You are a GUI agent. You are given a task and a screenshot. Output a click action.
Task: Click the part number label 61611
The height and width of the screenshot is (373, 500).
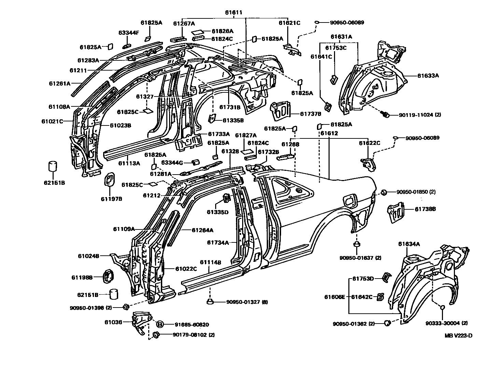point(234,13)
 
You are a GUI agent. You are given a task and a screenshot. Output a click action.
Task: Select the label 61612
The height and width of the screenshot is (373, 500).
point(329,133)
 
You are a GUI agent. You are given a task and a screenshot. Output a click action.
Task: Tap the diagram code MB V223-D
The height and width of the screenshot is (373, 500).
point(458,335)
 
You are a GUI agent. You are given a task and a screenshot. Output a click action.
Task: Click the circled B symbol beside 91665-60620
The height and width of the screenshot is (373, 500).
point(160,324)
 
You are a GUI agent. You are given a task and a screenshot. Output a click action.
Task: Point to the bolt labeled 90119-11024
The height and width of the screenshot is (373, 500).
point(387,115)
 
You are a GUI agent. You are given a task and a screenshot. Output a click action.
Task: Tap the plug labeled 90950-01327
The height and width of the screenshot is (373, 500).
point(210,301)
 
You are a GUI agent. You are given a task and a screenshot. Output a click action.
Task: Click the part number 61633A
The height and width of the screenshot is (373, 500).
point(428,76)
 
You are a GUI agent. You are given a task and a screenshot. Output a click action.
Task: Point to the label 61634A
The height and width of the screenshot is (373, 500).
point(409,244)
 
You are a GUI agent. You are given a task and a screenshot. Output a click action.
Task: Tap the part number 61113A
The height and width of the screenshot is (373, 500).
point(129,163)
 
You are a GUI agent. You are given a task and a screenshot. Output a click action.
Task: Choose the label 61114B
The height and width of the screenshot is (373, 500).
point(210,262)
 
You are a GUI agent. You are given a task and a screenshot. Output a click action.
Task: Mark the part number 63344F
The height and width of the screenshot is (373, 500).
point(129,33)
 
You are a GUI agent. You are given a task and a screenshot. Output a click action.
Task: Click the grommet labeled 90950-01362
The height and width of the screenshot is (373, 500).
point(387,323)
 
